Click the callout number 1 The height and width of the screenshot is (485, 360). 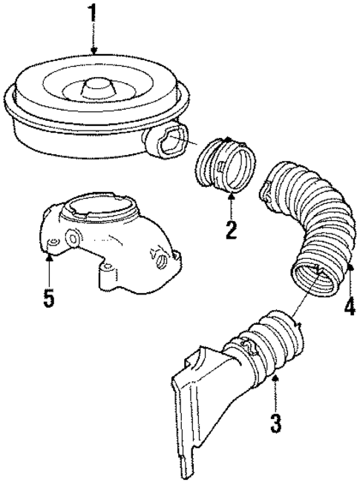pos(93,14)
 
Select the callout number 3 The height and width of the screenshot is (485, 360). pos(275,423)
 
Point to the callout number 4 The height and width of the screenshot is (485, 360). pos(349,306)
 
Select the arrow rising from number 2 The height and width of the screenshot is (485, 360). pos(231,204)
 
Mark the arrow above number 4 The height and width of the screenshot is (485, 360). pos(349,278)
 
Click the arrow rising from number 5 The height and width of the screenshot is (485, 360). pos(48,271)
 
